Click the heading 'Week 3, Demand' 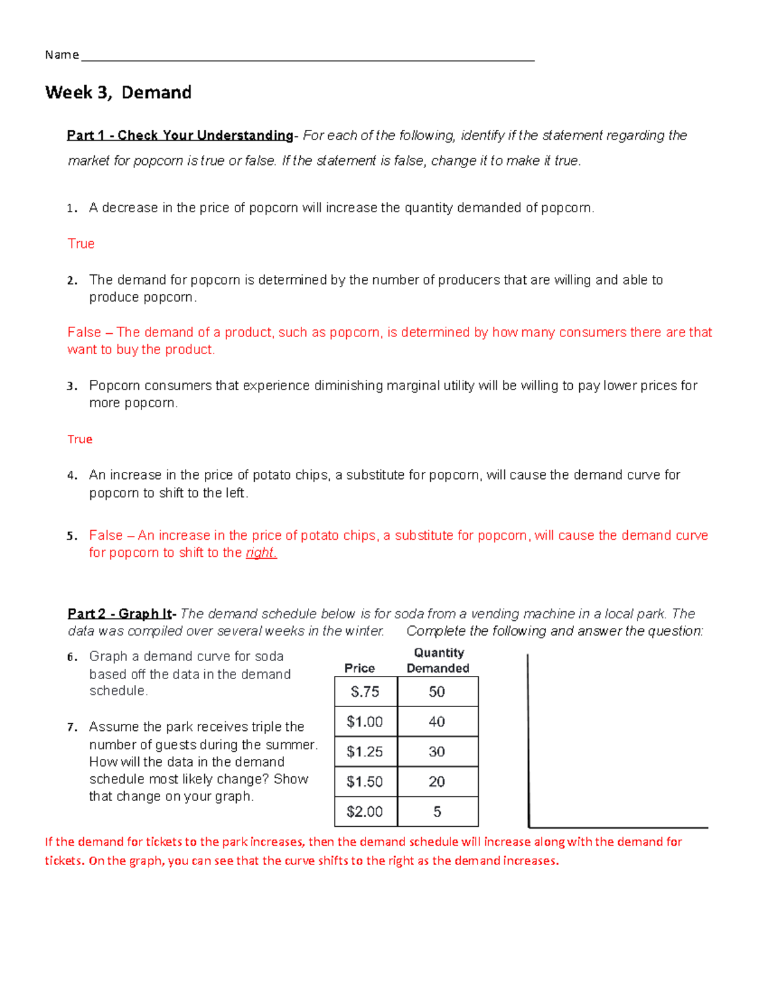(118, 93)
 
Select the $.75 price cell (365, 692)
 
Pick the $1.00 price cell (365, 722)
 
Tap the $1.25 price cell (365, 752)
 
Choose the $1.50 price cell (365, 782)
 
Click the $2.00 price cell (365, 812)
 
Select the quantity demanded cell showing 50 (437, 692)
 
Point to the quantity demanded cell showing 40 (437, 722)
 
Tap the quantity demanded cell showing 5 (437, 812)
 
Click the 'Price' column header (360, 668)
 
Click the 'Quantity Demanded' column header (438, 661)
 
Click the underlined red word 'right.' (261, 553)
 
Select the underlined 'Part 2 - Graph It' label (120, 614)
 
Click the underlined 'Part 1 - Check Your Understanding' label (180, 136)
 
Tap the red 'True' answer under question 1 (81, 244)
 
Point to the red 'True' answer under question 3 (80, 439)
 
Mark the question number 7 (72, 728)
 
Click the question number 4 (72, 476)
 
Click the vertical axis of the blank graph (528, 742)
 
